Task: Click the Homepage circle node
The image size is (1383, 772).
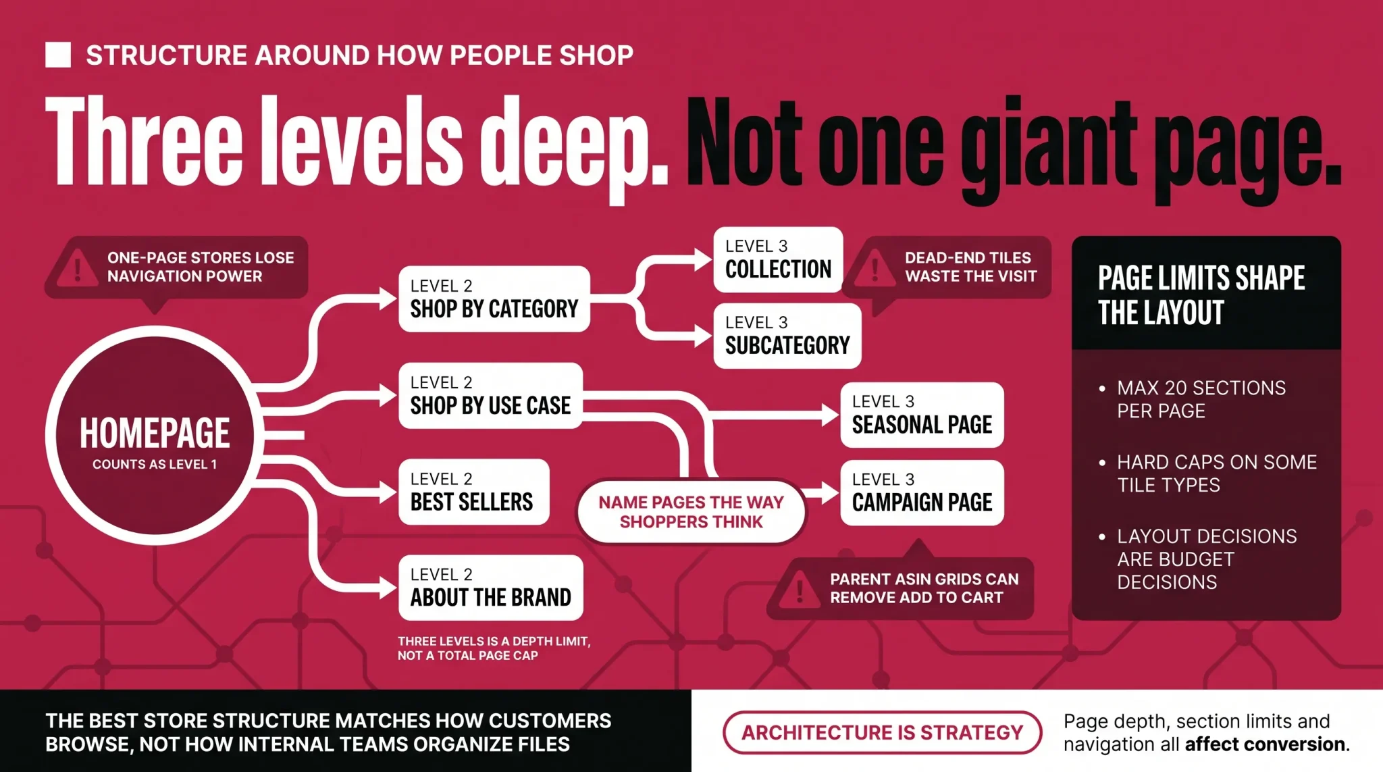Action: (x=155, y=436)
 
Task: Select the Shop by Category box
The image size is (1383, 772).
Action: (x=494, y=299)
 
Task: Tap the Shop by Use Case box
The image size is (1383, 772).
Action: (x=490, y=396)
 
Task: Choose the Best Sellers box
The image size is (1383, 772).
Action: (x=473, y=492)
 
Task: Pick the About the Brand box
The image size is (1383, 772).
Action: (x=490, y=588)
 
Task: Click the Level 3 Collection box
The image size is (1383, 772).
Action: (x=778, y=259)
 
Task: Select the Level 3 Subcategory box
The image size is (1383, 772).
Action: (x=787, y=336)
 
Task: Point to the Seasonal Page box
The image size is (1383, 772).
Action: (x=922, y=415)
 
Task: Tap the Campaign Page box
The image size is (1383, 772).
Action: (x=922, y=493)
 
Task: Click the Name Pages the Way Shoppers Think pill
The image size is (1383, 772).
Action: (x=691, y=512)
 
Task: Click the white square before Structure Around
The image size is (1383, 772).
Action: (x=58, y=55)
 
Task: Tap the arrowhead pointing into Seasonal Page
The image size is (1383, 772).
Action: (x=830, y=414)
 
